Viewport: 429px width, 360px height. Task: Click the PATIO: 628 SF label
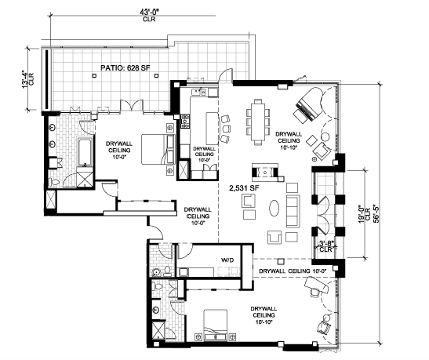coord(125,67)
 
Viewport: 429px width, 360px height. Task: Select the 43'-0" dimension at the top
coord(149,12)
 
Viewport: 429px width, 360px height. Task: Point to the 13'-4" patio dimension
coord(26,79)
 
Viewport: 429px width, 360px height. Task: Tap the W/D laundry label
coord(227,260)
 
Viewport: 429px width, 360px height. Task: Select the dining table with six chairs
coord(258,122)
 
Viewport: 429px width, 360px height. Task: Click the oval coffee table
coord(274,208)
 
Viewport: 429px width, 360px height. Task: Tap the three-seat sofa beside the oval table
coord(293,211)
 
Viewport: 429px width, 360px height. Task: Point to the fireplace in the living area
coord(265,173)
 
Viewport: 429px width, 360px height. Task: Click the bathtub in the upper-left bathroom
coord(85,152)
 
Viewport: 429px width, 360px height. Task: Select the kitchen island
coord(212,128)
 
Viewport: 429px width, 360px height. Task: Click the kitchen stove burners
coord(185,122)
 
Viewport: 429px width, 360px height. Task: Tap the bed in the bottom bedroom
coord(215,325)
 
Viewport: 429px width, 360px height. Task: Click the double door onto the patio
coord(132,105)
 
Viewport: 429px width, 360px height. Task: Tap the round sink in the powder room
coord(156,272)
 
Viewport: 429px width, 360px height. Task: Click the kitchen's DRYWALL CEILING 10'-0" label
coord(204,155)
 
